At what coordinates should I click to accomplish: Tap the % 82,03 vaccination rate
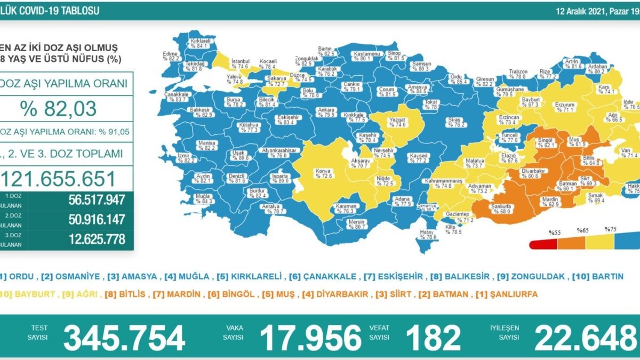click(x=58, y=109)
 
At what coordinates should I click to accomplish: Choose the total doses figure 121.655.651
click(x=58, y=178)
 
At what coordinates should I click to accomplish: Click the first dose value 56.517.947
click(x=97, y=200)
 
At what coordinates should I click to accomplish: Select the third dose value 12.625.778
click(x=97, y=238)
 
